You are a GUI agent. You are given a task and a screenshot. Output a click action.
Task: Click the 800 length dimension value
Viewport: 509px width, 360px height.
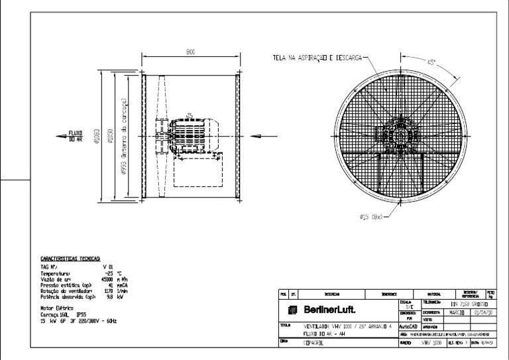[190, 52]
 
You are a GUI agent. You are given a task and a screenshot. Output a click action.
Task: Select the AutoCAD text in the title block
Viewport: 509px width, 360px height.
[407, 327]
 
